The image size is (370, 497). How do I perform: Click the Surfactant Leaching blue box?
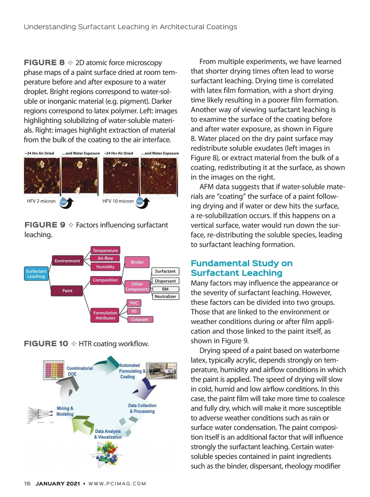[36, 274]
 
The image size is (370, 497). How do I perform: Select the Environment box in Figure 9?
[67, 261]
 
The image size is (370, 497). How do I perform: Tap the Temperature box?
[105, 251]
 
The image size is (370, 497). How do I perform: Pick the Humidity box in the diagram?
[105, 267]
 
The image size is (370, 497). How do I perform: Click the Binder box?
[137, 262]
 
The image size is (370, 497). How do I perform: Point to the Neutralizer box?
[165, 296]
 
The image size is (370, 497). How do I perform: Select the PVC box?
[134, 303]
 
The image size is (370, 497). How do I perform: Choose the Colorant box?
[140, 320]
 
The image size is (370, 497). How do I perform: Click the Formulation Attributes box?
[105, 315]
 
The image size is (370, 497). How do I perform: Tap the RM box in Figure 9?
[165, 289]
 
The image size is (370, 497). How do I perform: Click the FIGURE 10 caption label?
[46, 344]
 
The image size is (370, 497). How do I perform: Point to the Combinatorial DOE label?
[79, 371]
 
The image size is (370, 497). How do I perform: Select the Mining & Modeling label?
[65, 411]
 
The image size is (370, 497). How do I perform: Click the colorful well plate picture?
[54, 370]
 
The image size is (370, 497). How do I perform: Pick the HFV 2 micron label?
[41, 201]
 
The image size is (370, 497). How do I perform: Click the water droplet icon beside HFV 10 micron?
[140, 201]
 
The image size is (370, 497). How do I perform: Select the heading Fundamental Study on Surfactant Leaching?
[241, 268]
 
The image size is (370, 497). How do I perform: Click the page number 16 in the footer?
[27, 483]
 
